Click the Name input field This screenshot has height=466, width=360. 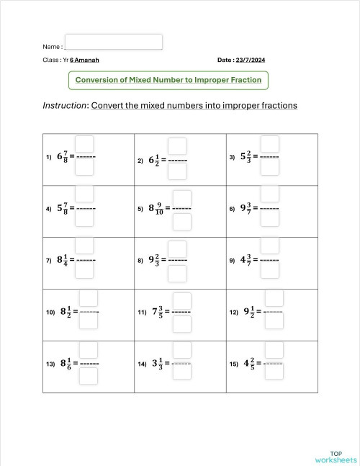coord(114,42)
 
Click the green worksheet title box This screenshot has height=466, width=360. coord(168,81)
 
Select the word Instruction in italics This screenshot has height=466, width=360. coord(65,106)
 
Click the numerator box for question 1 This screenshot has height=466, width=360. coord(84,143)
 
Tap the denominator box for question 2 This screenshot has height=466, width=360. coord(177,171)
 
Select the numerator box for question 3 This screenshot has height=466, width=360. coord(269,143)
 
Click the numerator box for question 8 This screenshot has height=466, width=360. coord(177,247)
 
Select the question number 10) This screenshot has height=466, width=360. coord(50,313)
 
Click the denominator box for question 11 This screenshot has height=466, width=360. coord(182,325)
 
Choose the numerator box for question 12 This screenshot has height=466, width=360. coord(274,297)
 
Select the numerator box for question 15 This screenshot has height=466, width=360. coord(274,351)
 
